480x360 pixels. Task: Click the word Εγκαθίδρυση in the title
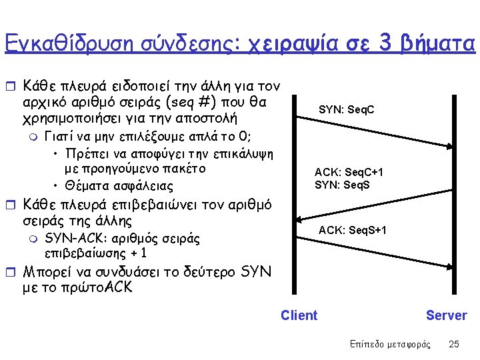[x=66, y=43]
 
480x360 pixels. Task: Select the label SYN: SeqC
[x=346, y=109]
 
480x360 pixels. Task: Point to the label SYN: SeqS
[x=343, y=185]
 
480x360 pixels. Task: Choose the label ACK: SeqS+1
[x=352, y=231]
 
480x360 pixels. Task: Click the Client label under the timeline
[x=299, y=315]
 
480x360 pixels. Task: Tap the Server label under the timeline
[x=446, y=315]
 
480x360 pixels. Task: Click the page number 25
[x=454, y=344]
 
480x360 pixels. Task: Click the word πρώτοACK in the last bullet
[x=101, y=287]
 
